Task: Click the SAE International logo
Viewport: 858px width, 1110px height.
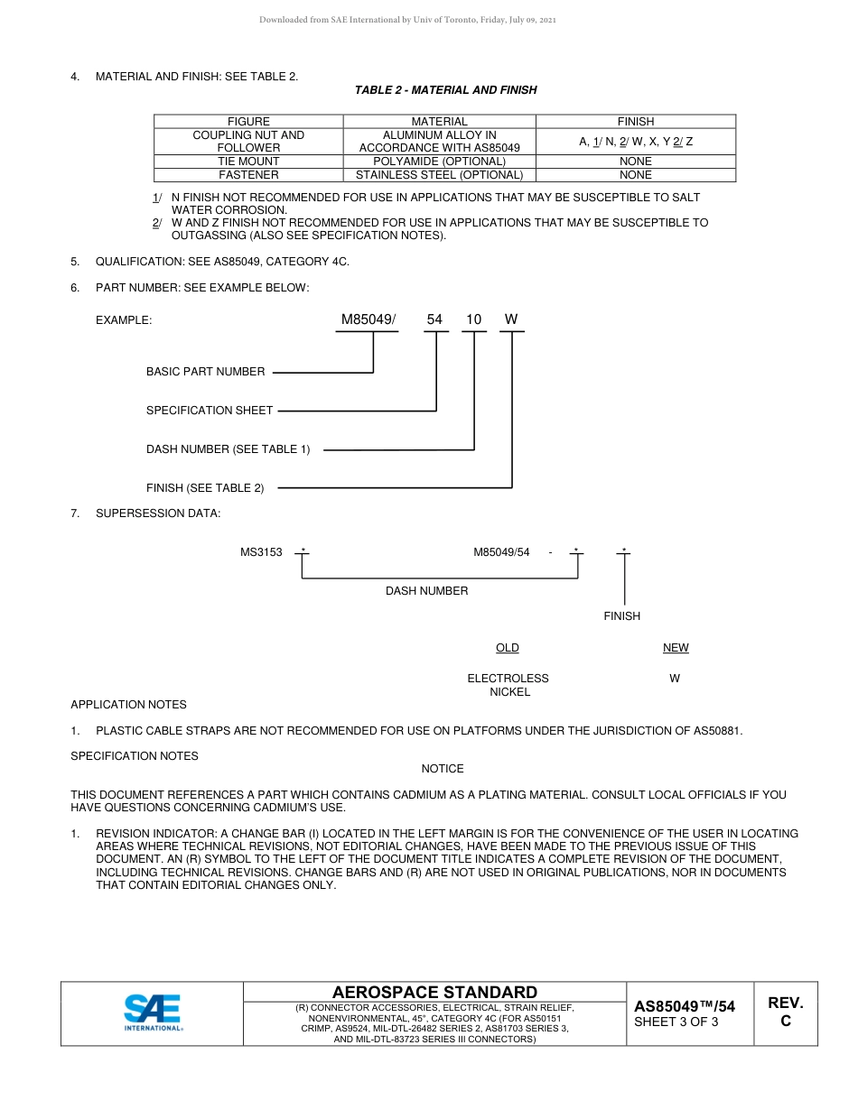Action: (153, 1013)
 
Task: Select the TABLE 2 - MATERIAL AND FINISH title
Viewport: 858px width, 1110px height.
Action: (445, 90)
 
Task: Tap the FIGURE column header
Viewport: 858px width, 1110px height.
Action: (248, 122)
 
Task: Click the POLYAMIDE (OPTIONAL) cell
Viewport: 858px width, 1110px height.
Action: (439, 162)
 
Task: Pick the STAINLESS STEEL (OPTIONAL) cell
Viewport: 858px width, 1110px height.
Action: (439, 175)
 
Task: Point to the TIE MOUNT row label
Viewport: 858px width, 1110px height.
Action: (248, 162)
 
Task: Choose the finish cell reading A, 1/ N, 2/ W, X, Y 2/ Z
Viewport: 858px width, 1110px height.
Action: (636, 142)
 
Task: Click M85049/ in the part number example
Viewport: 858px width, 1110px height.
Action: (368, 319)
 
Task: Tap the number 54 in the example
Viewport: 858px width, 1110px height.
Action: (435, 319)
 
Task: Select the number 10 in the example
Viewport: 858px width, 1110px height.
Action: (474, 319)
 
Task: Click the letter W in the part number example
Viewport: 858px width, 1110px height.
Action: (511, 319)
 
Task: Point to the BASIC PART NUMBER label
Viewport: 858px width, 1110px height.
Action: (206, 372)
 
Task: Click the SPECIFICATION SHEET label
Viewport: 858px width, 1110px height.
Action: (210, 411)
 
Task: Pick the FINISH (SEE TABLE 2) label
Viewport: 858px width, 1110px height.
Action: (205, 488)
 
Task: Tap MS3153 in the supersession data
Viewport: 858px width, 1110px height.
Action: (261, 552)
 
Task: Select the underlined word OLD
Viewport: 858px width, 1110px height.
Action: (508, 648)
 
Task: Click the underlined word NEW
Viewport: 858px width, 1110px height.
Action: (676, 648)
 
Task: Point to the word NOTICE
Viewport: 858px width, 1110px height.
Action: (443, 769)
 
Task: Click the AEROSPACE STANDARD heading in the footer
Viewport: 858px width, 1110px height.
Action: (434, 992)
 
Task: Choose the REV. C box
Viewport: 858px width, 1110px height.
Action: (786, 1013)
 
